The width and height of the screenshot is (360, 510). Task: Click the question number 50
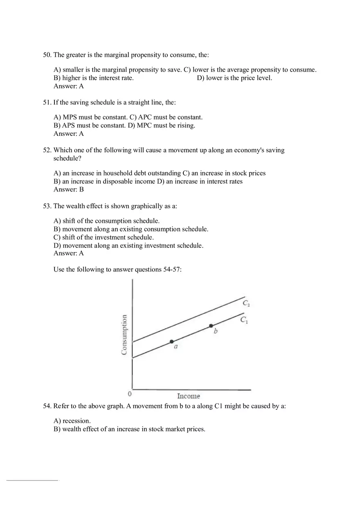47,55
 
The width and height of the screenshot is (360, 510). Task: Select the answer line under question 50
68,86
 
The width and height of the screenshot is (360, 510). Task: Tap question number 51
47,103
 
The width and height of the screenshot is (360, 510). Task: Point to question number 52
47,150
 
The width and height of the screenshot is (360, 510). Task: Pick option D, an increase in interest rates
200,181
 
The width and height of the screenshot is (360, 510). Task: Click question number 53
47,206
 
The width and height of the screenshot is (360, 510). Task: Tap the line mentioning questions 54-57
117,270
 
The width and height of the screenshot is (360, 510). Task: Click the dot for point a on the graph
172,341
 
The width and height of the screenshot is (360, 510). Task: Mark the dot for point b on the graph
211,326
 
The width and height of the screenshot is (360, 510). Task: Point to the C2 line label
246,303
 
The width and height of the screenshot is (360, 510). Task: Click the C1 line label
244,320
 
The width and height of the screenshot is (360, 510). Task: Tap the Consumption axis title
124,335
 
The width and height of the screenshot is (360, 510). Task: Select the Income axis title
189,396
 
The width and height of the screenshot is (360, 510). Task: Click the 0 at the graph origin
130,394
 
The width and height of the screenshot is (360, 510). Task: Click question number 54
47,406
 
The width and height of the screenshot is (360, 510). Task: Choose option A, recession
72,421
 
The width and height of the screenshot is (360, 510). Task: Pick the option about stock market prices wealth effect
129,429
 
